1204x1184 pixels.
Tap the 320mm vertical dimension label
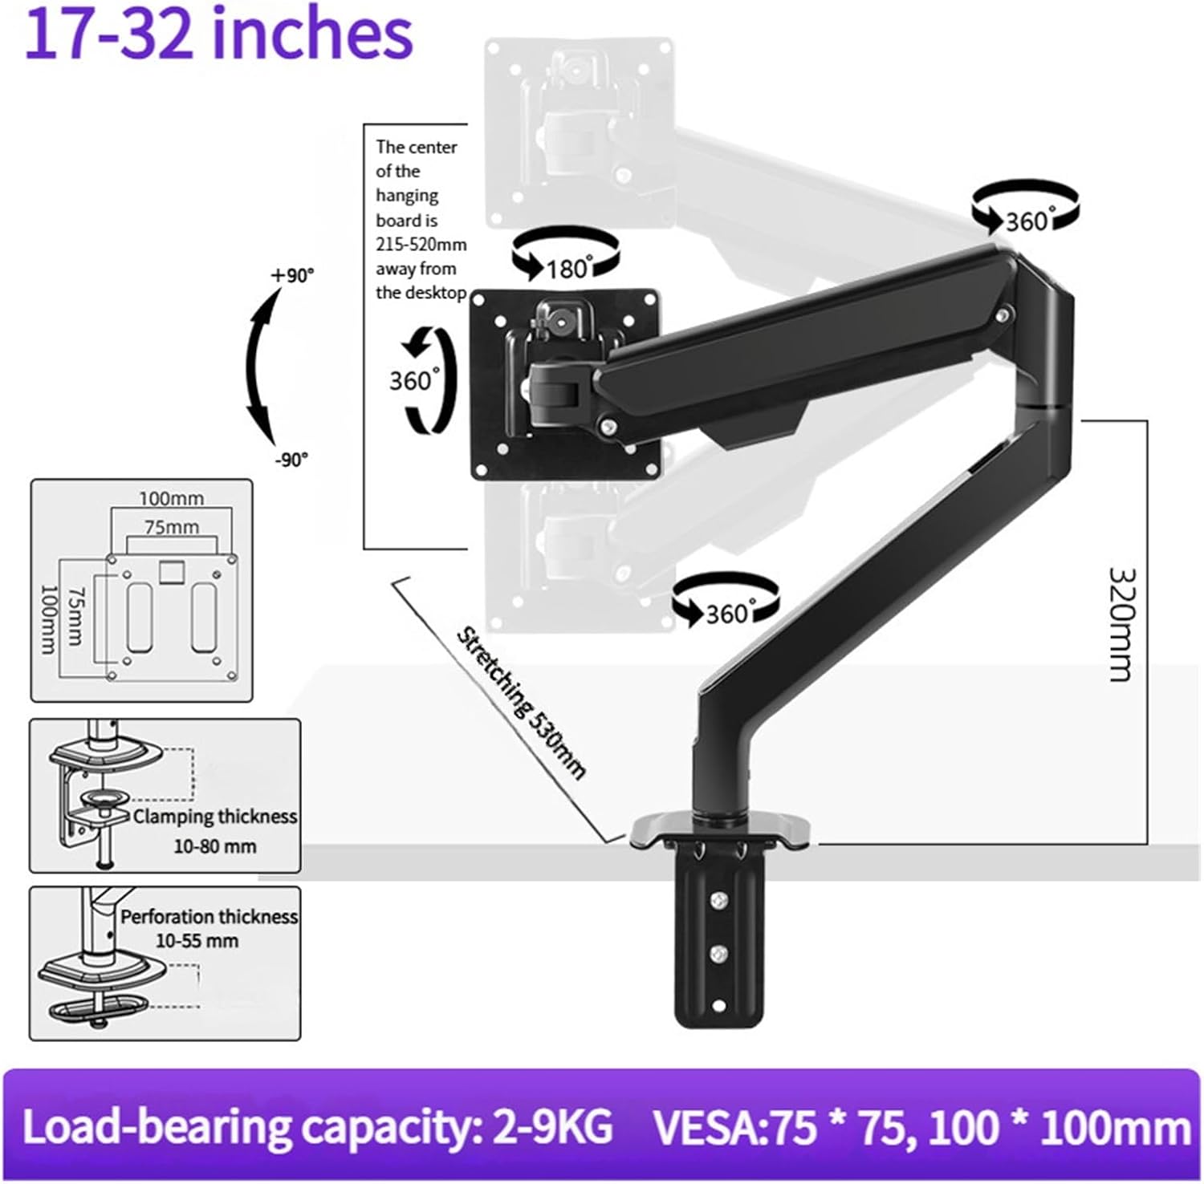click(x=1121, y=623)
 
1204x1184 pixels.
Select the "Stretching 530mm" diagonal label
click(x=521, y=703)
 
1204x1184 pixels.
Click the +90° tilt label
click(x=292, y=275)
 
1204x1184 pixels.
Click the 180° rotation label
click(x=569, y=268)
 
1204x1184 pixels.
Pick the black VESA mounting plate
click(x=566, y=384)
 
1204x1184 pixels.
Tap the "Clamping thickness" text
click(x=215, y=817)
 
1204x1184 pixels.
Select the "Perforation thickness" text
click(x=209, y=917)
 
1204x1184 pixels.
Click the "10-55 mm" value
click(x=197, y=940)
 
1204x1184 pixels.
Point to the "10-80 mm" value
click(x=215, y=845)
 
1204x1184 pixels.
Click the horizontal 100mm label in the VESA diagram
click(x=171, y=498)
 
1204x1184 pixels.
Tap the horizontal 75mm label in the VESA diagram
click(x=171, y=527)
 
